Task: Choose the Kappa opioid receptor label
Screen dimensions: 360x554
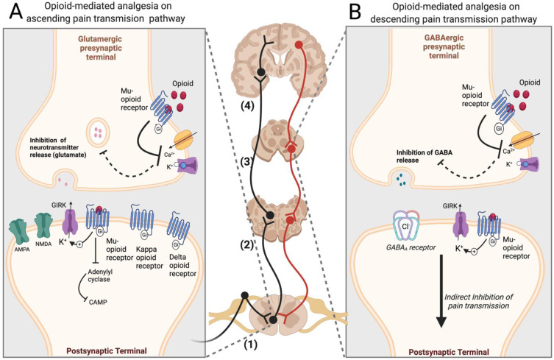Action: point(146,252)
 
